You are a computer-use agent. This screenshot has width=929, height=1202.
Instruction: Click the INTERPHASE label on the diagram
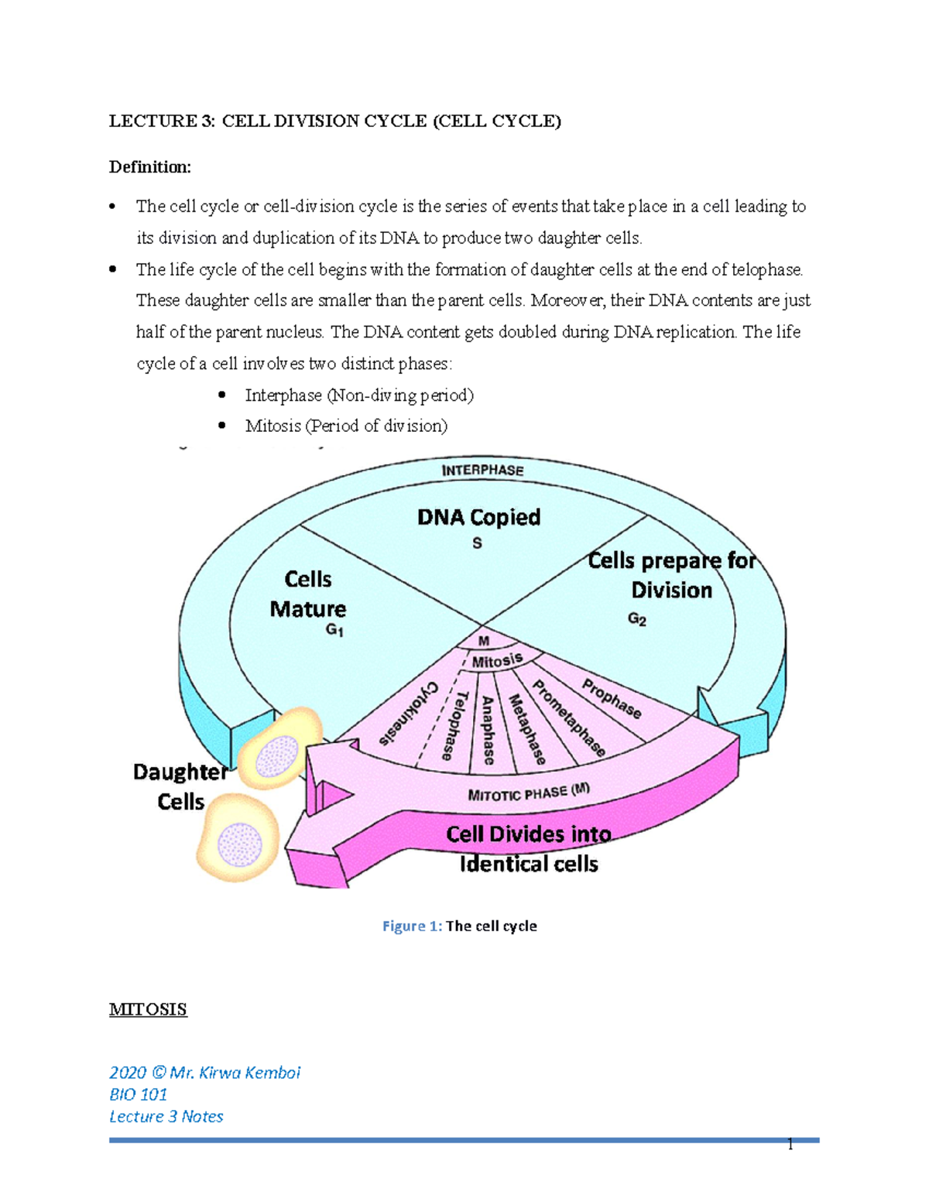point(482,470)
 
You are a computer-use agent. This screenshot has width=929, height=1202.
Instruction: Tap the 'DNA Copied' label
point(478,517)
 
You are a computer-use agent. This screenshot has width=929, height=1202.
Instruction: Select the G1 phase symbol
point(334,630)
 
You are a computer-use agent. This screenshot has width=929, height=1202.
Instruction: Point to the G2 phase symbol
point(636,619)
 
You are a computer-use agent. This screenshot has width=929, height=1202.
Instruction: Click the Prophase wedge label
point(612,699)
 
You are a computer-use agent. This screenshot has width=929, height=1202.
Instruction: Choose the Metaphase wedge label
point(526,728)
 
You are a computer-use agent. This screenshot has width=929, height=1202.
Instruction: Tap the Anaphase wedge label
point(488,730)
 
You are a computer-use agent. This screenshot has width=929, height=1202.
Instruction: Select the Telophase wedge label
point(455,725)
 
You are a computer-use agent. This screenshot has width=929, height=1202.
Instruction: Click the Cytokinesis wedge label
point(409,713)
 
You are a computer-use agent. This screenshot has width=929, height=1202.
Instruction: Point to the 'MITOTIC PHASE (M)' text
point(529,793)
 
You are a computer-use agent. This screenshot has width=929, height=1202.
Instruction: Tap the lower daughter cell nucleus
point(239,843)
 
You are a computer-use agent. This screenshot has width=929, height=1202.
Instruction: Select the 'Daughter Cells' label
point(180,786)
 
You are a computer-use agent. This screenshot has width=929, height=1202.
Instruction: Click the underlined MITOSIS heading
point(148,1009)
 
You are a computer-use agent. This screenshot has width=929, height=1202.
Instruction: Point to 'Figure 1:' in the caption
point(412,926)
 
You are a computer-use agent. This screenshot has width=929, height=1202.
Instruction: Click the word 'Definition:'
point(149,167)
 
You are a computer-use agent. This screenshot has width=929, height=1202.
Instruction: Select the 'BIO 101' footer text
point(138,1094)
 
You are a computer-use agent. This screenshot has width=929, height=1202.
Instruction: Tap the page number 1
point(790,1145)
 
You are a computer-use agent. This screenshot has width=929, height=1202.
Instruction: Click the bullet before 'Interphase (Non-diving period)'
point(222,395)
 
